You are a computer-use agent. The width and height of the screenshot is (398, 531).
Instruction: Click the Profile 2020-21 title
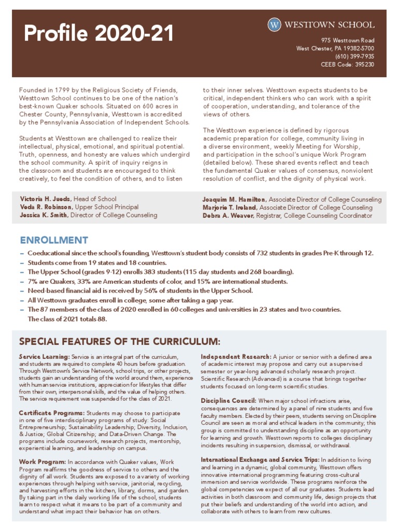tap(98, 34)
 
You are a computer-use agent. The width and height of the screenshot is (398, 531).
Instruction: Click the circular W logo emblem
tap(275, 24)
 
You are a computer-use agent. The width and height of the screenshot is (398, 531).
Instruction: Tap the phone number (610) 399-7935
tap(354, 57)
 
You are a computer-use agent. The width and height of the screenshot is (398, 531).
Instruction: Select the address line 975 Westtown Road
tap(347, 40)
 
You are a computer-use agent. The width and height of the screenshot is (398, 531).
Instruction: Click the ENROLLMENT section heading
tap(54, 240)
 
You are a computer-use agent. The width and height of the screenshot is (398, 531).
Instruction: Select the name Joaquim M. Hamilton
tap(234, 200)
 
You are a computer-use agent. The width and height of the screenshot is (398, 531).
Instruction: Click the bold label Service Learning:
tap(45, 357)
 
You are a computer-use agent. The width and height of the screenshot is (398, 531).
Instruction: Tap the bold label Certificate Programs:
tap(52, 413)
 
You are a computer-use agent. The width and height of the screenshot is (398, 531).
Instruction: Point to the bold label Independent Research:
tap(235, 357)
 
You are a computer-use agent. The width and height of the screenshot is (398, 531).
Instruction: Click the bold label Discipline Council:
tap(229, 401)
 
